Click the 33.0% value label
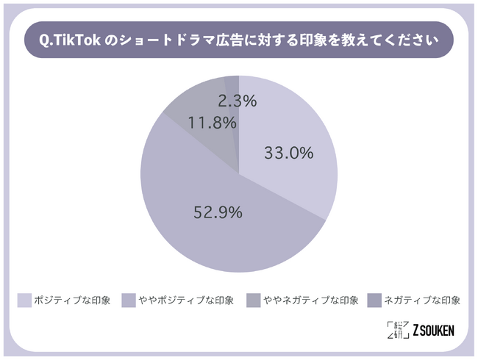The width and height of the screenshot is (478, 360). point(288,154)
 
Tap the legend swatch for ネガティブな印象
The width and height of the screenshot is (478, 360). point(372,300)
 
